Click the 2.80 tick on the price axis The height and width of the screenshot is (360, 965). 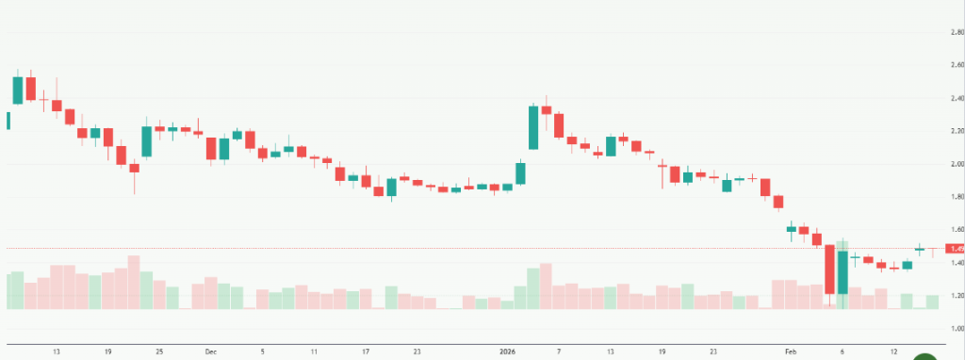[957, 32]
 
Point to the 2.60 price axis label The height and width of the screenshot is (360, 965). [957, 65]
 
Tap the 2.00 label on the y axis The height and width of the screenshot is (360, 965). [957, 164]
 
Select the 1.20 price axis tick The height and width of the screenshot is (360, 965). [957, 296]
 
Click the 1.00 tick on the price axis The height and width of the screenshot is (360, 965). [957, 329]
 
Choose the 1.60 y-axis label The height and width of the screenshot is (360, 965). [957, 230]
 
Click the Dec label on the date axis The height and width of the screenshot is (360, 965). [210, 351]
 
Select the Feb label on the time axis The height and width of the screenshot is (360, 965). [791, 351]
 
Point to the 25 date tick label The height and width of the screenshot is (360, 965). [159, 351]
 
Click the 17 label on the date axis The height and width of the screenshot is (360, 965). [365, 351]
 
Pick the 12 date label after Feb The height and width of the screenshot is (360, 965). [892, 351]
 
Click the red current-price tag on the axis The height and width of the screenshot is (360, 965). [956, 249]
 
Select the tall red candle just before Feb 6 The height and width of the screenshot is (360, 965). [829, 270]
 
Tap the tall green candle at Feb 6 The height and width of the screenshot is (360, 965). [842, 273]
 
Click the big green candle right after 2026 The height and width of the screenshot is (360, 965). [533, 127]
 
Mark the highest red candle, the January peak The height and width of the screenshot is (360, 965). [547, 110]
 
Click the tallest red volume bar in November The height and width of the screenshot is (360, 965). [134, 282]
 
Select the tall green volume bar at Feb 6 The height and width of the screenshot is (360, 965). [842, 274]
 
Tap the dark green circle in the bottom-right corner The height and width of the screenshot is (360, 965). [926, 357]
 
